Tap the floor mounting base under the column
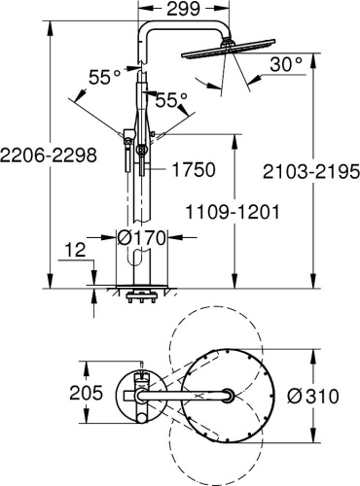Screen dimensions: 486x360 (x=141, y=290)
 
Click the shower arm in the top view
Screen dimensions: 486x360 (x=185, y=396)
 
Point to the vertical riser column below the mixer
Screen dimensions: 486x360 (x=141, y=224)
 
